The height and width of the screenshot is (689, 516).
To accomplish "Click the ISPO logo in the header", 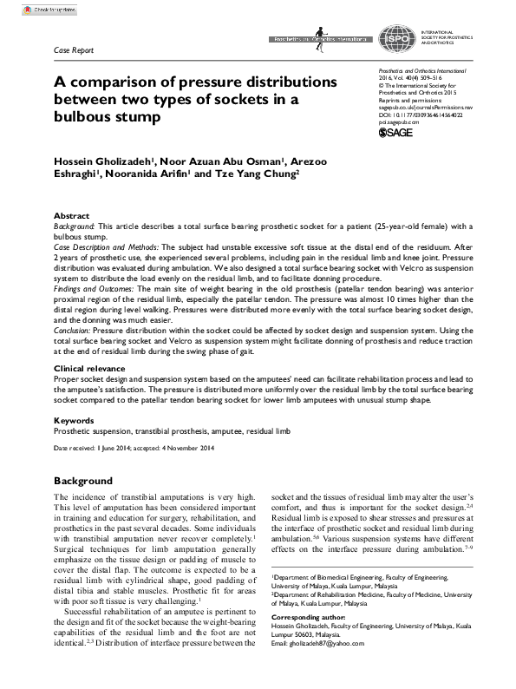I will pyautogui.click(x=398, y=40).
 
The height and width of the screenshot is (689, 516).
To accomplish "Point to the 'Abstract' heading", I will pyautogui.click(x=72, y=215).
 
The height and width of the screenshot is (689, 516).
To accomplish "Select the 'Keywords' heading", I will pyautogui.click(x=75, y=421).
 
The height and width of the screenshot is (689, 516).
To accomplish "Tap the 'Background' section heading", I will pyautogui.click(x=83, y=480).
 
